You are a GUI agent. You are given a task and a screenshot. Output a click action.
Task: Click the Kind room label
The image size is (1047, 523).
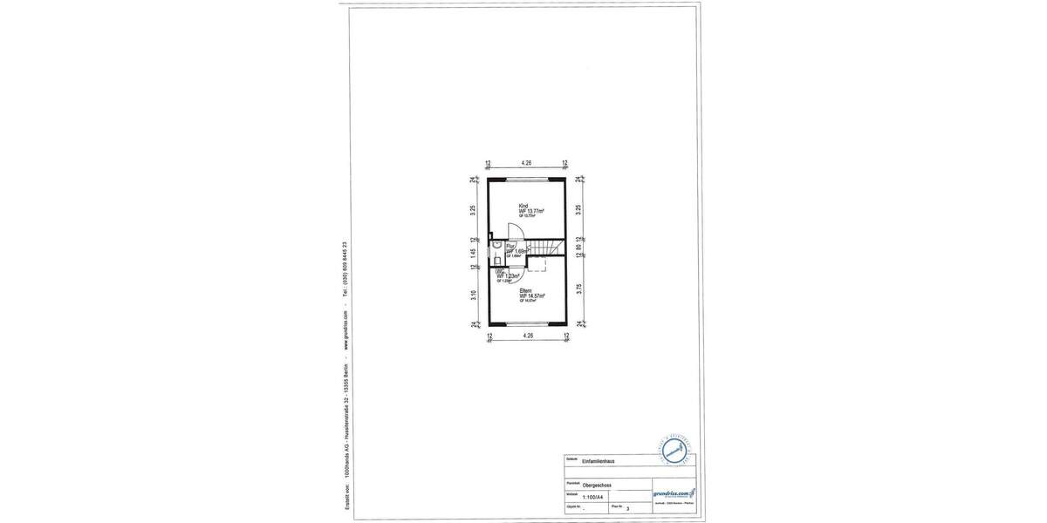523,206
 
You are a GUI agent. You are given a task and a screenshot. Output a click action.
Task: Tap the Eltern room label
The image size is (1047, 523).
525,290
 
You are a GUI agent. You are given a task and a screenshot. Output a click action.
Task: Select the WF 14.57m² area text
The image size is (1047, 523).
531,296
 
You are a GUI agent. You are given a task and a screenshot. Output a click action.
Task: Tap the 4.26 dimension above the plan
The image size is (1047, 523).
527,163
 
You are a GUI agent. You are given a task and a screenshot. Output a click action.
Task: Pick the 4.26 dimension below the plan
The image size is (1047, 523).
527,336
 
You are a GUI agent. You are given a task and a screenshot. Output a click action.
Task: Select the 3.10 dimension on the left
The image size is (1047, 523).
474,295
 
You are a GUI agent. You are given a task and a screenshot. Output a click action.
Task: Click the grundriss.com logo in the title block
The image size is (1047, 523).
674,493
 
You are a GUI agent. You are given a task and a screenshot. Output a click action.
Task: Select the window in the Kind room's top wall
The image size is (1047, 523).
527,179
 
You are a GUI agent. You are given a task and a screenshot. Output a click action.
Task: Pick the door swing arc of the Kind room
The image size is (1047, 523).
517,231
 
